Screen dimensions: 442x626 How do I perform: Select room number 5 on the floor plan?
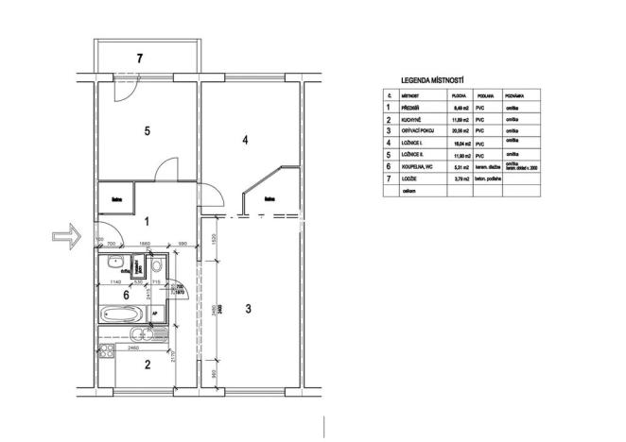point(147,131)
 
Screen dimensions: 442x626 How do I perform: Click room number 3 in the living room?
point(248,308)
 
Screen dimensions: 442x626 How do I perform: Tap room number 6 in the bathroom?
point(126,295)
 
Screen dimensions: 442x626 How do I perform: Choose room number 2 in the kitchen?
point(147,363)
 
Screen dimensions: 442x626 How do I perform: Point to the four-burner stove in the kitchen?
point(107,350)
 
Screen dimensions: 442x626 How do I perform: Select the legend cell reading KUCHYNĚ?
point(412,120)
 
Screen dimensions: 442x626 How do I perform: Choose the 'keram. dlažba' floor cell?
point(487,165)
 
